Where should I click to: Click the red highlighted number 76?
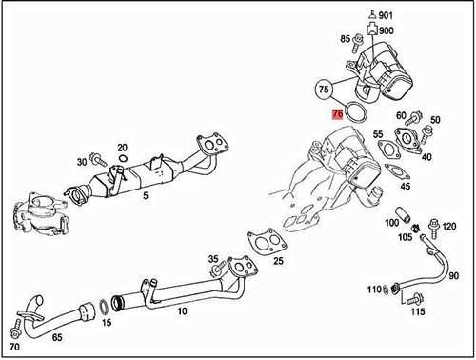(337, 114)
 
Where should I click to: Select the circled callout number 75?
(324, 89)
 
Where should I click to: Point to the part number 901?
(386, 15)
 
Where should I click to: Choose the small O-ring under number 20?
(123, 158)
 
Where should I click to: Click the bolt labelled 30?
(98, 158)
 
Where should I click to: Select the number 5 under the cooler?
(146, 195)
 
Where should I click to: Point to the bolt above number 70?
(14, 329)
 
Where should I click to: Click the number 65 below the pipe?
(57, 337)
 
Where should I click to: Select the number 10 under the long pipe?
(182, 311)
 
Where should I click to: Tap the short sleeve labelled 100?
(403, 214)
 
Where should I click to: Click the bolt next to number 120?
(434, 228)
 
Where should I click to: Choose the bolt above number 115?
(415, 299)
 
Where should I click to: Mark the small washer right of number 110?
(385, 290)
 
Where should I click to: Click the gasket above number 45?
(397, 171)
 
